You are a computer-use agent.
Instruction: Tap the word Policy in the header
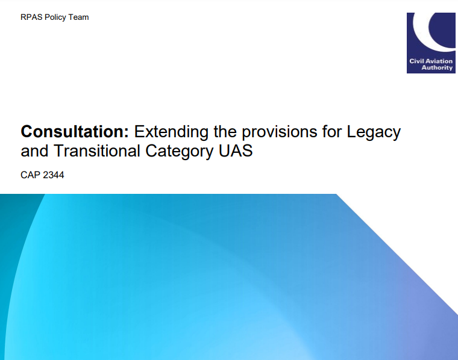click(x=55, y=17)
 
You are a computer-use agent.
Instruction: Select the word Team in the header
click(x=78, y=17)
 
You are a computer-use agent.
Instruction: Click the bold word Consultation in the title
click(x=75, y=131)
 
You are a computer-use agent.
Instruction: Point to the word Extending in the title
click(x=171, y=132)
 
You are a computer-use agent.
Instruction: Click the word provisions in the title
click(x=280, y=132)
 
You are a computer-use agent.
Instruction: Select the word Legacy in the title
click(x=374, y=132)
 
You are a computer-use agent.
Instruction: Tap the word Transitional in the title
click(x=97, y=151)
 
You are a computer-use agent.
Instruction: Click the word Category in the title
click(x=180, y=152)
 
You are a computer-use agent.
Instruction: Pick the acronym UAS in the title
click(x=236, y=151)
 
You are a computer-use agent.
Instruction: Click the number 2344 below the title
click(x=53, y=175)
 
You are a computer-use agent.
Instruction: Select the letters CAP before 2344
click(x=30, y=175)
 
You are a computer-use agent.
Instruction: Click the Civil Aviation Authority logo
click(x=431, y=43)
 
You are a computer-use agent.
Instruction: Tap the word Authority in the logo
click(x=437, y=67)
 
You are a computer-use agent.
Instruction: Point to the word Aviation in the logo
click(x=439, y=61)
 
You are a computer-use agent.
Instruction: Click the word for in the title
click(x=332, y=131)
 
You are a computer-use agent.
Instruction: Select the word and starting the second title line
click(x=34, y=151)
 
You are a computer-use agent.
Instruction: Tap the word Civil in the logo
click(x=416, y=61)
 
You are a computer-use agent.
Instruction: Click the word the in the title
click(x=225, y=131)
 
